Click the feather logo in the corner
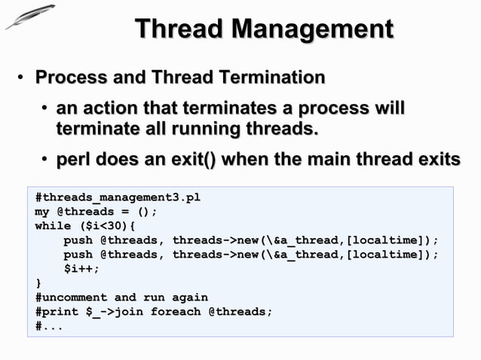[30, 17]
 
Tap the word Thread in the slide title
[180, 30]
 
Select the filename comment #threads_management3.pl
[118, 197]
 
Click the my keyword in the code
[42, 212]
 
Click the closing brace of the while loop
[38, 282]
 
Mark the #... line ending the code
[49, 325]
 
